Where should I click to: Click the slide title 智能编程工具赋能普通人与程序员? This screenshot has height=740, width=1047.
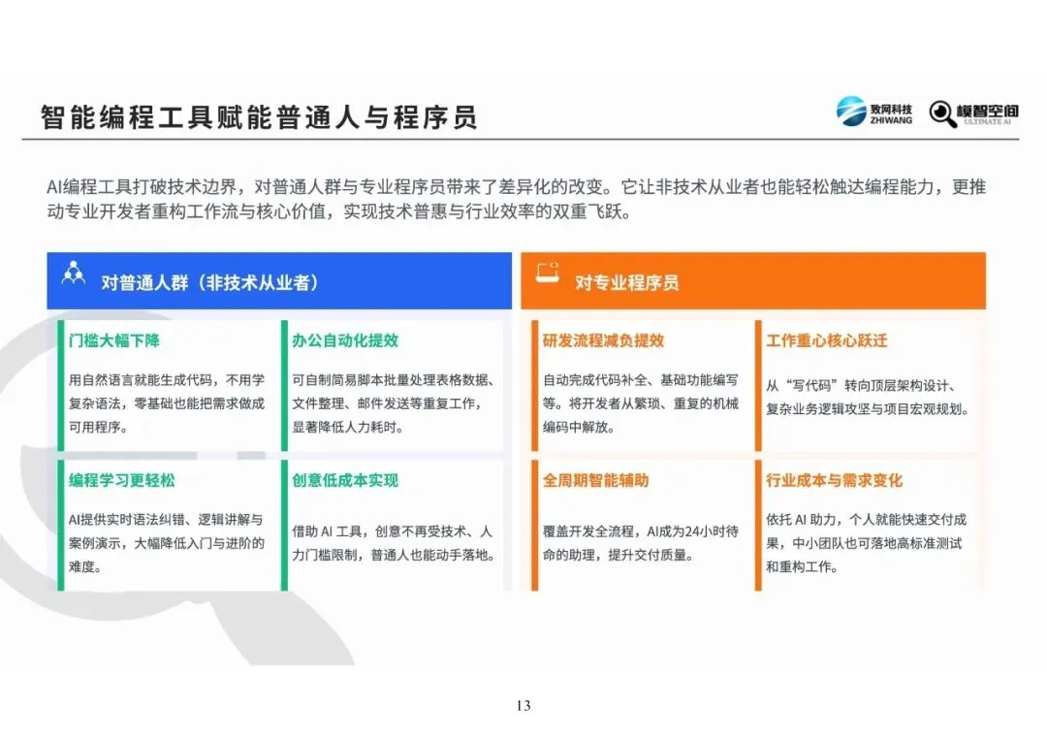259,117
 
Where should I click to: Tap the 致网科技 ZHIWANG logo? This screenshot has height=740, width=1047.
874,112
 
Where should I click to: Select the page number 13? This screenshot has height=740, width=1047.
523,705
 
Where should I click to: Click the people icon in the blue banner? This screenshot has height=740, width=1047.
74,273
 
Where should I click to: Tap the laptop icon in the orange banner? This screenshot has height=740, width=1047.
548,273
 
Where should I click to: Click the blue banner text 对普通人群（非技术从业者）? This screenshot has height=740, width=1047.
209,282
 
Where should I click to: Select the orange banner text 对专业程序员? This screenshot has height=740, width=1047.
626,282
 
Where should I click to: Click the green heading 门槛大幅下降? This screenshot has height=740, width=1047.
114,340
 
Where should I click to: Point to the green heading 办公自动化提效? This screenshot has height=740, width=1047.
345,340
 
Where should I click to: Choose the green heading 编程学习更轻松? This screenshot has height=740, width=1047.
121,480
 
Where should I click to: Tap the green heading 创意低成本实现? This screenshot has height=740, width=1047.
345,480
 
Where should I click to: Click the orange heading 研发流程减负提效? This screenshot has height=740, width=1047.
604,340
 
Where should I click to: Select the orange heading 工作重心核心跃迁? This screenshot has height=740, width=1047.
827,340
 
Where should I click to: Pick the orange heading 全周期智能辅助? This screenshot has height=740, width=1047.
595,480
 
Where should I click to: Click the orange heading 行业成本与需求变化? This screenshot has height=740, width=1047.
834,480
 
